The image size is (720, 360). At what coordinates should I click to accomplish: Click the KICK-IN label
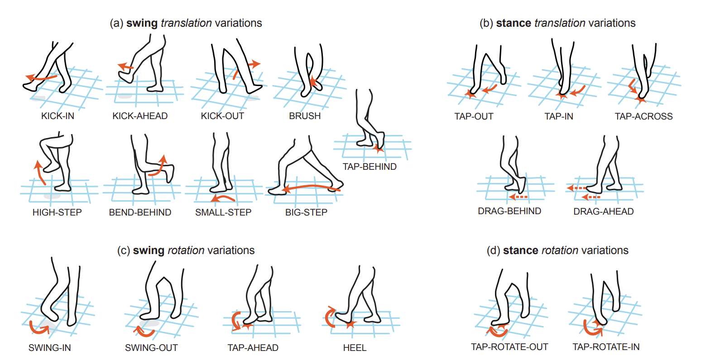click(58, 116)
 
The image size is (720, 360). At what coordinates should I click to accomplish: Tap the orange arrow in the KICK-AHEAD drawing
click(125, 67)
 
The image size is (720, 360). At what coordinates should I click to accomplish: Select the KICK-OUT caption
click(222, 116)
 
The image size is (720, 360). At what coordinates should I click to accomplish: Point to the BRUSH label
click(305, 116)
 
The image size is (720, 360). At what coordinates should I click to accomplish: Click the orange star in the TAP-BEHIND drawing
click(378, 149)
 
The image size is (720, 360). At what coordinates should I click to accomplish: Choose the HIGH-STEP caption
click(57, 212)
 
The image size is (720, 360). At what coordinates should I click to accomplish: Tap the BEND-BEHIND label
click(140, 212)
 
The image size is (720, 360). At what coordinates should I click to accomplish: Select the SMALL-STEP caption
click(223, 212)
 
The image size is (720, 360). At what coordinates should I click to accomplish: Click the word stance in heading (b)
click(514, 23)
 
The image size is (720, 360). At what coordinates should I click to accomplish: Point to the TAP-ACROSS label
click(643, 116)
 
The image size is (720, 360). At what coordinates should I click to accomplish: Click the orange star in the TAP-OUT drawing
click(470, 94)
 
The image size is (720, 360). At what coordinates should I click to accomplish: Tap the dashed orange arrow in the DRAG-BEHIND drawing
click(518, 197)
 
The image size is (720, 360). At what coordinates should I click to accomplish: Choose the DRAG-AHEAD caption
click(603, 211)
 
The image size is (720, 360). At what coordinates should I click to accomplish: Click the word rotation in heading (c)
click(186, 250)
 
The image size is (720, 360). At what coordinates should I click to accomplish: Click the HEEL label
click(355, 347)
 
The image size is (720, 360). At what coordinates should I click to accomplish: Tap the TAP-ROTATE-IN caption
click(606, 347)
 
